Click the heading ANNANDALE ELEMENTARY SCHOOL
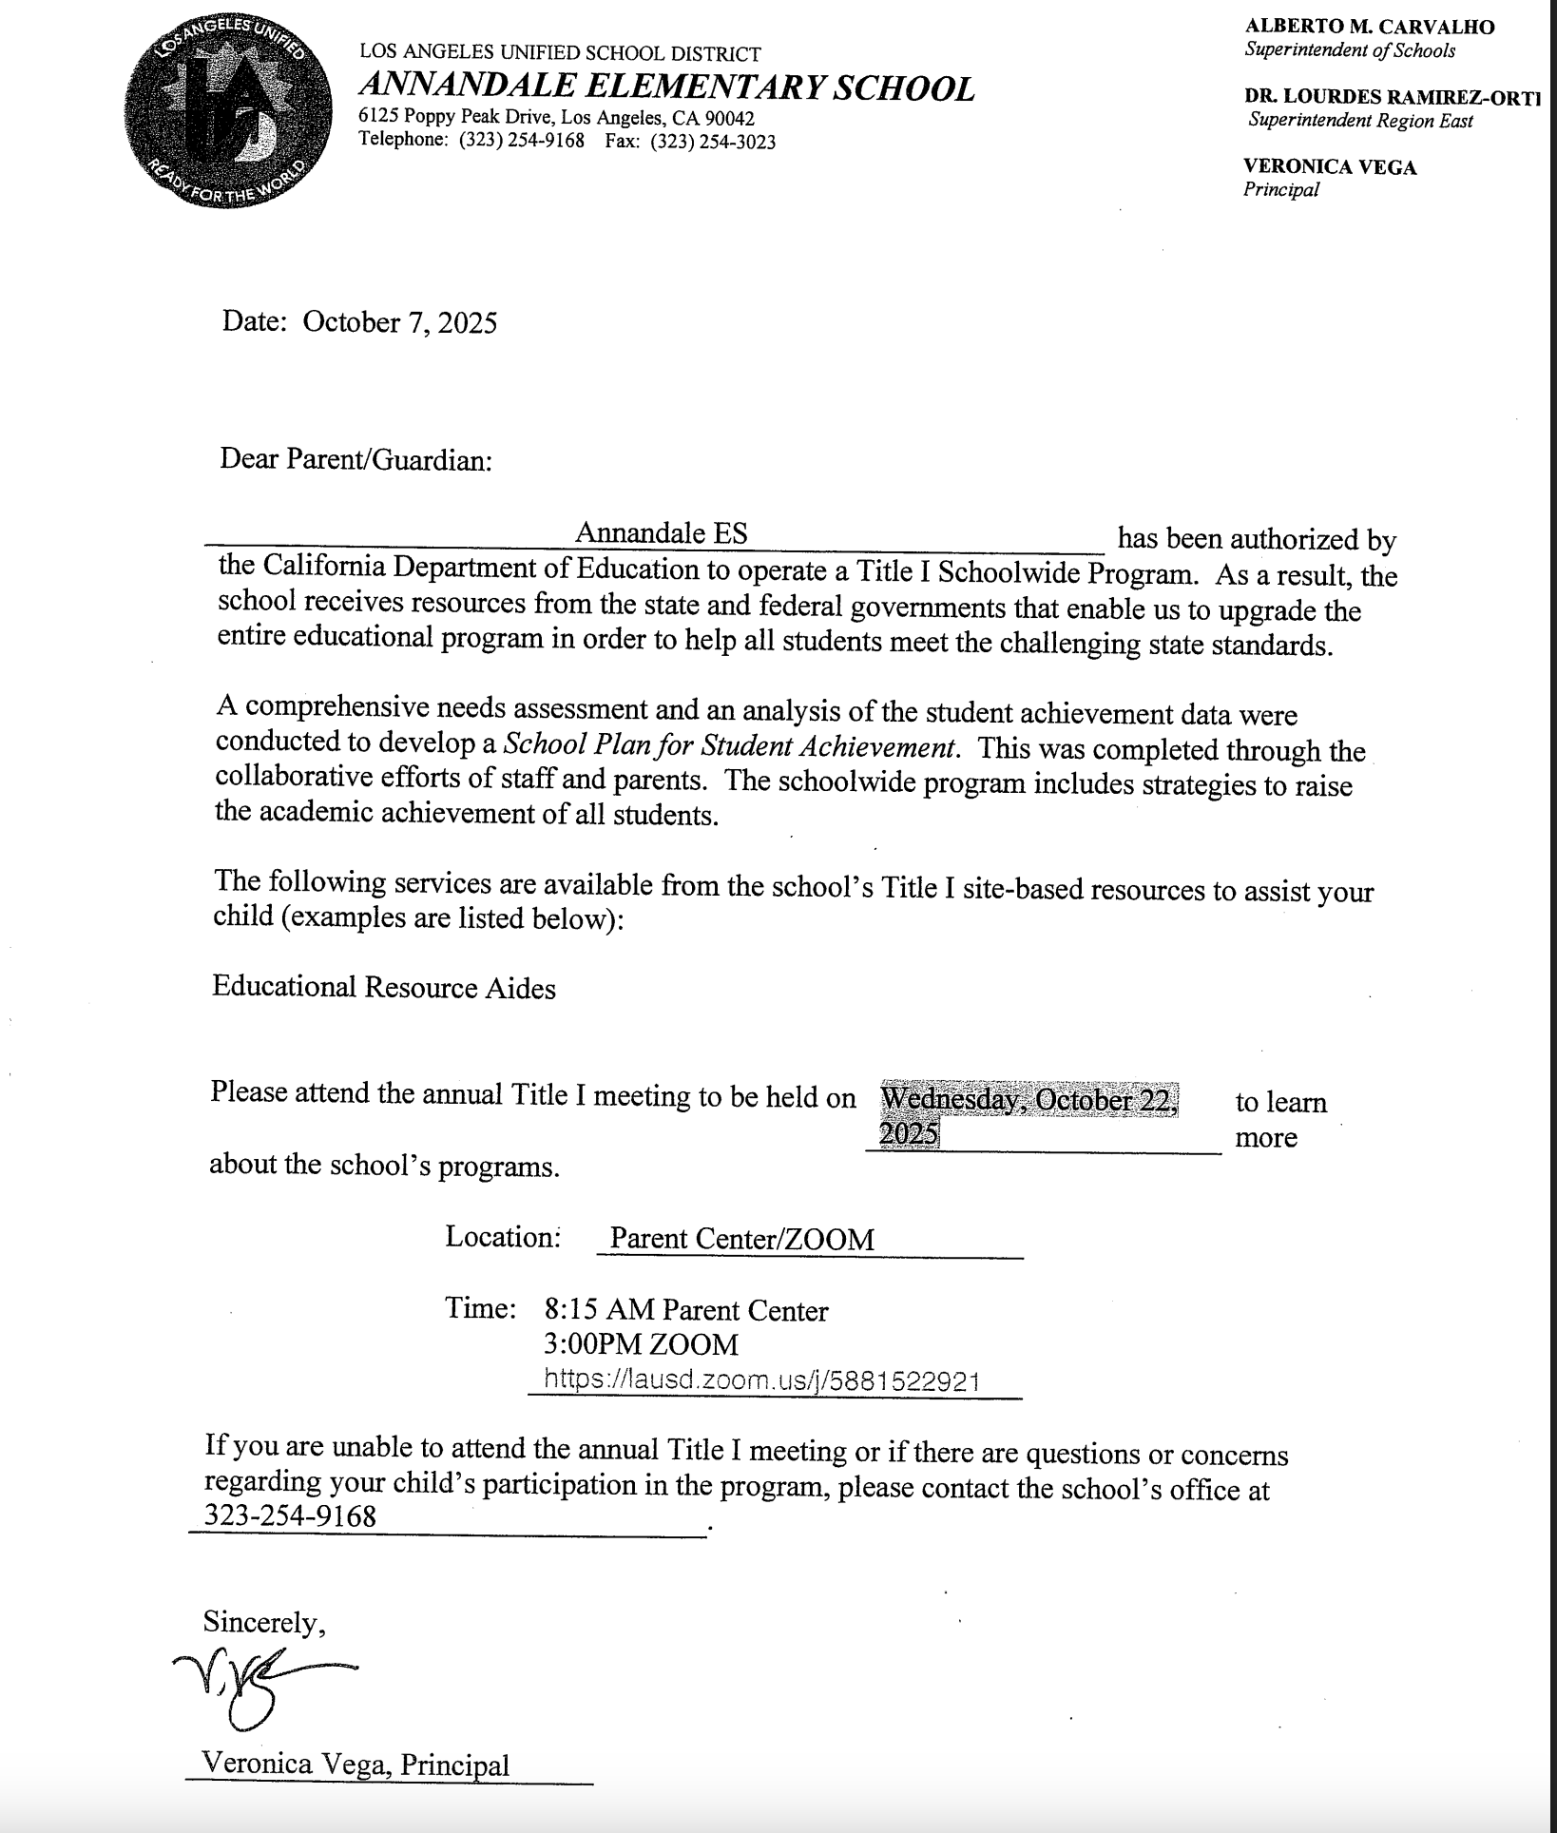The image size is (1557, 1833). coord(666,87)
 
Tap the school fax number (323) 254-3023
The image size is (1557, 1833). coord(713,142)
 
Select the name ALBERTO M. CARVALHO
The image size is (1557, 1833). coord(1369,27)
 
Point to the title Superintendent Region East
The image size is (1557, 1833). coord(1360,120)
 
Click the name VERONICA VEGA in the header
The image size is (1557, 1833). coord(1329,167)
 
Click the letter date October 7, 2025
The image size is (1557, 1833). coord(399,322)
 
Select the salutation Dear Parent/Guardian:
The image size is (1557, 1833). coord(356,460)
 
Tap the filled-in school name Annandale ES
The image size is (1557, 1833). coord(661,532)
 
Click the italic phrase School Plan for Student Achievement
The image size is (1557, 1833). coord(729,746)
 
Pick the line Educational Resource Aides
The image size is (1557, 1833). coord(383,987)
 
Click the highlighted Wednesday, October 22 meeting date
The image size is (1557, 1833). coord(1028,1100)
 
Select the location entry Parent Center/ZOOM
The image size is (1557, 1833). coord(741,1239)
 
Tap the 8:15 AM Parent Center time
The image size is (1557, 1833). coord(685,1311)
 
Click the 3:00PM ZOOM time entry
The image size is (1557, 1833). coord(641,1344)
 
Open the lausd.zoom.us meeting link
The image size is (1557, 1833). coord(761,1380)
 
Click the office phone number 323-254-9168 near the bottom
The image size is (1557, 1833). coord(291,1515)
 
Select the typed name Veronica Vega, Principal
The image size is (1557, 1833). coord(356,1765)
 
